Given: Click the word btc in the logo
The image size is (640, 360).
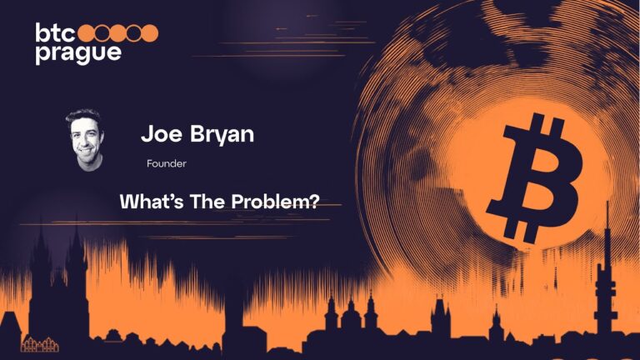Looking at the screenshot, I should coord(56,33).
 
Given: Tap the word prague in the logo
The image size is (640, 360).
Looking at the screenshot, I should coord(77,53).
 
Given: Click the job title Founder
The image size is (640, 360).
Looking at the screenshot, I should coord(166,164).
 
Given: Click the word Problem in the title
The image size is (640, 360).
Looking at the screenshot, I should coord(269,201).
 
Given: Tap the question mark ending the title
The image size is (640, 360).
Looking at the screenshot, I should coord(313,201).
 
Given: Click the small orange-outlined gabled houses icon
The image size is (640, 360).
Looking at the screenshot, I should coord(36,343).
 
